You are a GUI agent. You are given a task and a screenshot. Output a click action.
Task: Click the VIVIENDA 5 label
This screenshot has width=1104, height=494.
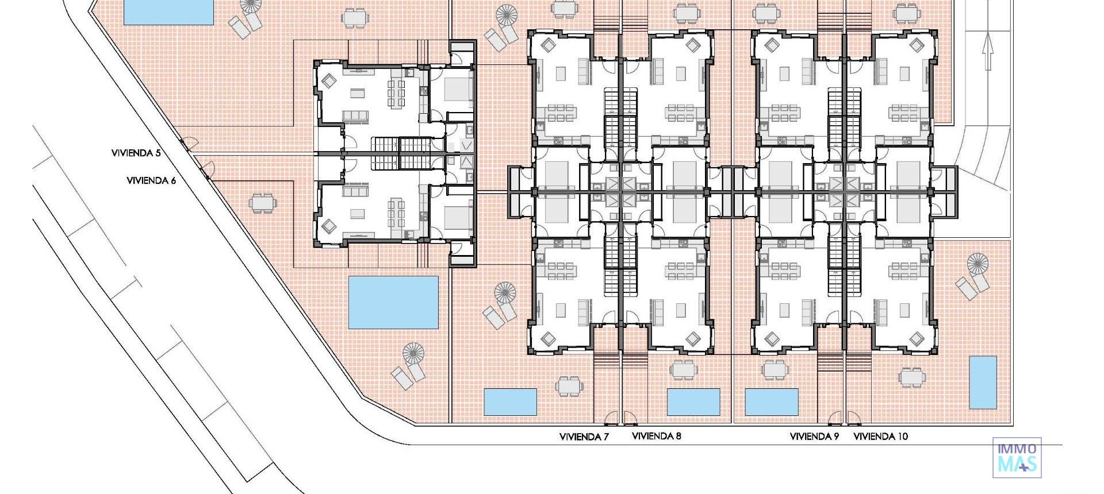point(136,153)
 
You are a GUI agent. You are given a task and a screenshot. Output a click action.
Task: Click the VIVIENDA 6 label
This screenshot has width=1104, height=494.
point(151,180)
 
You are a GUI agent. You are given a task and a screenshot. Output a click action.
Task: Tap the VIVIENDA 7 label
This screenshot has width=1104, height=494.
point(584,437)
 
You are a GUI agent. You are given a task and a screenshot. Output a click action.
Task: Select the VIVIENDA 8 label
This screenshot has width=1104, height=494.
point(656,436)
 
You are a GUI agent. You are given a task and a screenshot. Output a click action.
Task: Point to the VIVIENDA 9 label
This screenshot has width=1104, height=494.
point(814,437)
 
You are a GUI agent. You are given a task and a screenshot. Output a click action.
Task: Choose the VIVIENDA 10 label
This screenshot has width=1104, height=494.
point(880,437)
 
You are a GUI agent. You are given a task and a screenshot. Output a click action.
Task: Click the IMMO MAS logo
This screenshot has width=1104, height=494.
point(1017,458)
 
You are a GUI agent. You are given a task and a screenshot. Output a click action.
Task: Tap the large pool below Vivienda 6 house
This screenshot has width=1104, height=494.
point(393,302)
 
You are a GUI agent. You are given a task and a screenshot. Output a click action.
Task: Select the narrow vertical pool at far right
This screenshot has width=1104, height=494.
point(983,382)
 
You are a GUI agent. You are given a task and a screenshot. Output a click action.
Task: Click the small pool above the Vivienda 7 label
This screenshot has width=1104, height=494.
point(510,402)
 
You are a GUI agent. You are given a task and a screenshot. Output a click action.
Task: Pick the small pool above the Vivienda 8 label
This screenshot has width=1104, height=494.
point(693,402)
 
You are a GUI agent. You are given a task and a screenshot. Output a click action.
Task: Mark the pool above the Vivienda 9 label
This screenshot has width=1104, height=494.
point(771,402)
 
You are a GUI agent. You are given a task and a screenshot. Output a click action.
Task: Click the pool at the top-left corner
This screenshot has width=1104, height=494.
point(168,11)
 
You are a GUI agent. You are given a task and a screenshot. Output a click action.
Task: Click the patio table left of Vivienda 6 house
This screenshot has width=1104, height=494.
point(262,203)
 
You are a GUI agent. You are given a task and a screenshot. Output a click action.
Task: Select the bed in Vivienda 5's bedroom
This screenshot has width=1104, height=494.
point(458,90)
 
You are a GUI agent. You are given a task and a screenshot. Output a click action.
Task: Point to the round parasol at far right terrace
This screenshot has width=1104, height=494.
point(977,264)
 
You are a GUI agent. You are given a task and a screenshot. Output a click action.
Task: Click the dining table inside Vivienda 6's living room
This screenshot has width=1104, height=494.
point(396,212)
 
